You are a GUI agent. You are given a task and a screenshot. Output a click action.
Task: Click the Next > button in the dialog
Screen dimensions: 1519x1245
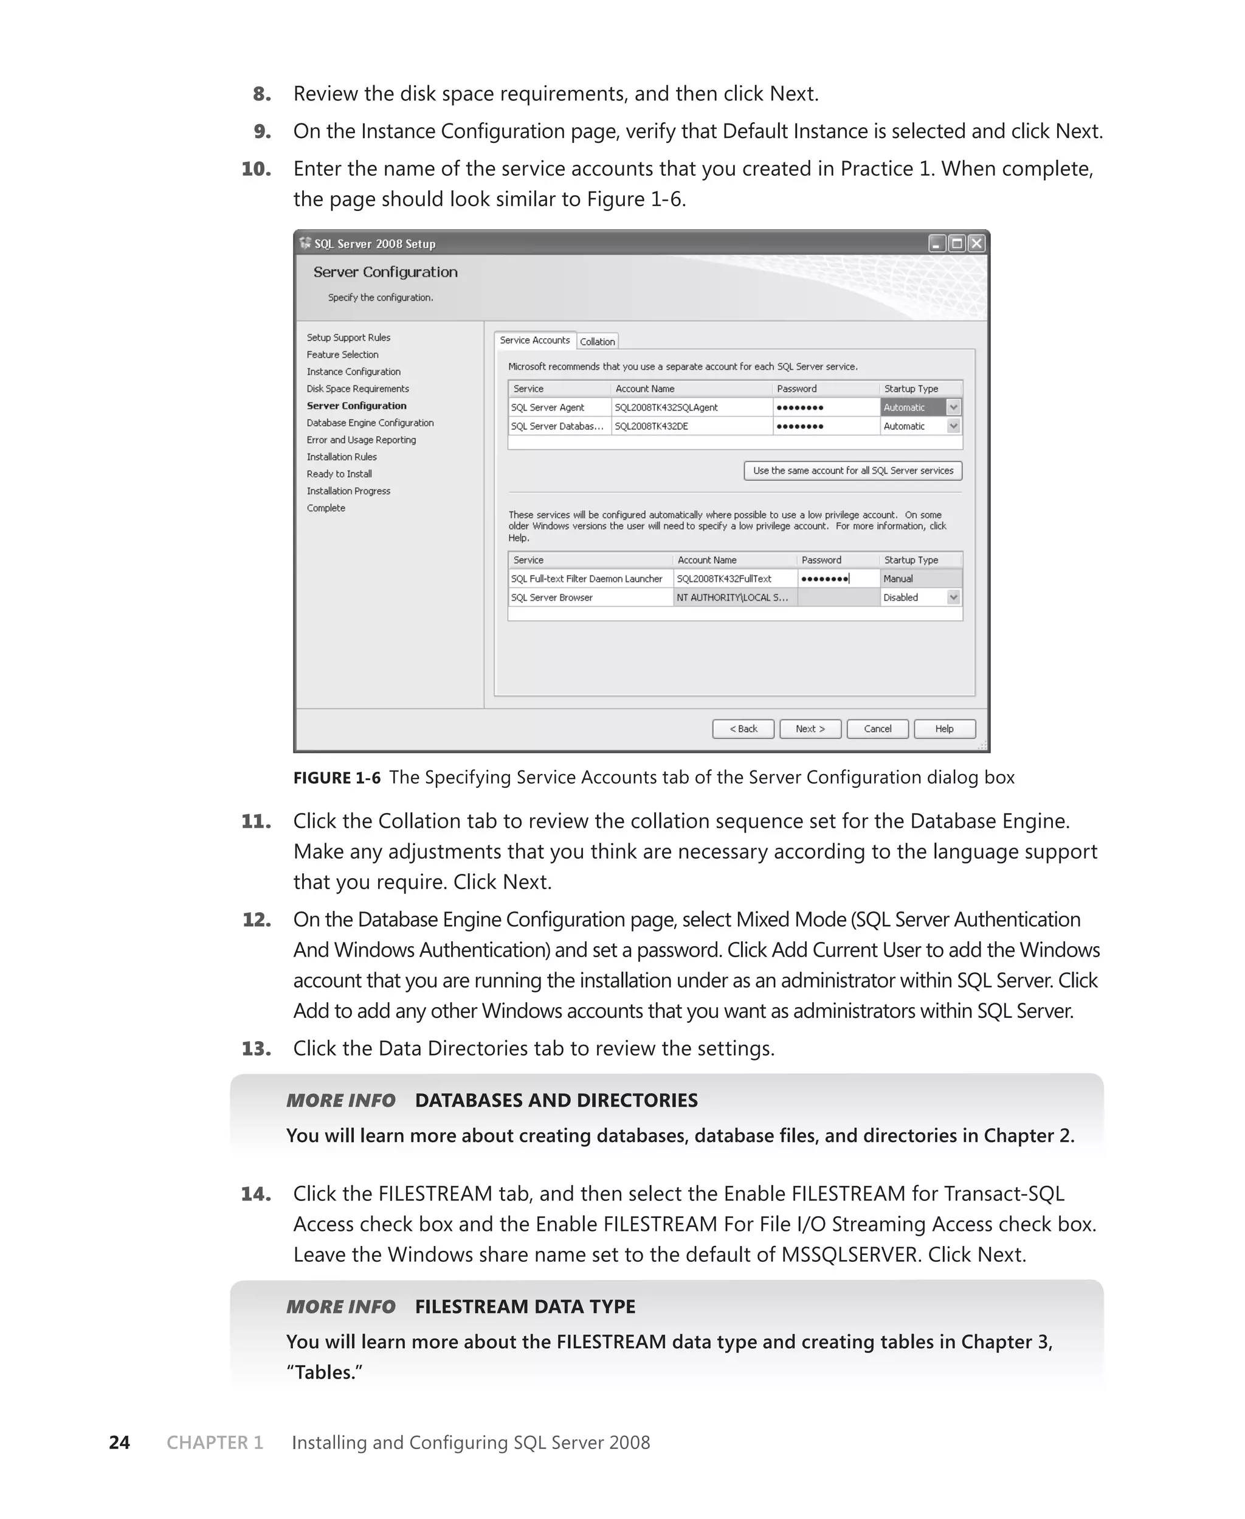pyautogui.click(x=810, y=728)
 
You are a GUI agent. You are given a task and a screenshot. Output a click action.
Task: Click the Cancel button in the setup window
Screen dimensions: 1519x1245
pyautogui.click(x=877, y=728)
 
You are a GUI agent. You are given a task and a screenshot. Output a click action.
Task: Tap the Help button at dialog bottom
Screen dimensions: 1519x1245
pyautogui.click(x=944, y=728)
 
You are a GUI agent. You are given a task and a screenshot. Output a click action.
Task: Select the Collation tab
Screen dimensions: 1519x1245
pyautogui.click(x=597, y=341)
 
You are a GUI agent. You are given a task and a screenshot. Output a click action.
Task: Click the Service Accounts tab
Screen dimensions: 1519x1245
pyautogui.click(x=534, y=340)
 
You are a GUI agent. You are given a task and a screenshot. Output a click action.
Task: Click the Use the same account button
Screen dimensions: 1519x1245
pyautogui.click(x=853, y=471)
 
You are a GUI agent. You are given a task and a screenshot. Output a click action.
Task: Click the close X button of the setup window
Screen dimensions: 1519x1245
pyautogui.click(x=976, y=244)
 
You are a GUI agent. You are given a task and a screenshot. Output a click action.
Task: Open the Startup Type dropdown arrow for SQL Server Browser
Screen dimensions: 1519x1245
pyautogui.click(x=953, y=597)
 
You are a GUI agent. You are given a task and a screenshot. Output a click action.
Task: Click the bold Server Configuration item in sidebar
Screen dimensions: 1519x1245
pyautogui.click(x=356, y=406)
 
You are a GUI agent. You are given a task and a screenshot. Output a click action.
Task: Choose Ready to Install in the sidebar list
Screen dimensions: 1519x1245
pyautogui.click(x=339, y=474)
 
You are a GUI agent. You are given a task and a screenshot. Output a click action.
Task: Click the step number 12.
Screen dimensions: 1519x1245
pyautogui.click(x=256, y=919)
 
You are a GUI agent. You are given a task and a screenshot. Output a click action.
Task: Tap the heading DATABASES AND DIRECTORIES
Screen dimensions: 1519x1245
pyautogui.click(x=556, y=1100)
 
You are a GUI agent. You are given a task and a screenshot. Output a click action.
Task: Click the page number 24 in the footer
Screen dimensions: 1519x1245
pyautogui.click(x=119, y=1442)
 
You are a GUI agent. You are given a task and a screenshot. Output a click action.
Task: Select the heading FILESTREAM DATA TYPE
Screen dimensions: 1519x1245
pyautogui.click(x=525, y=1306)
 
